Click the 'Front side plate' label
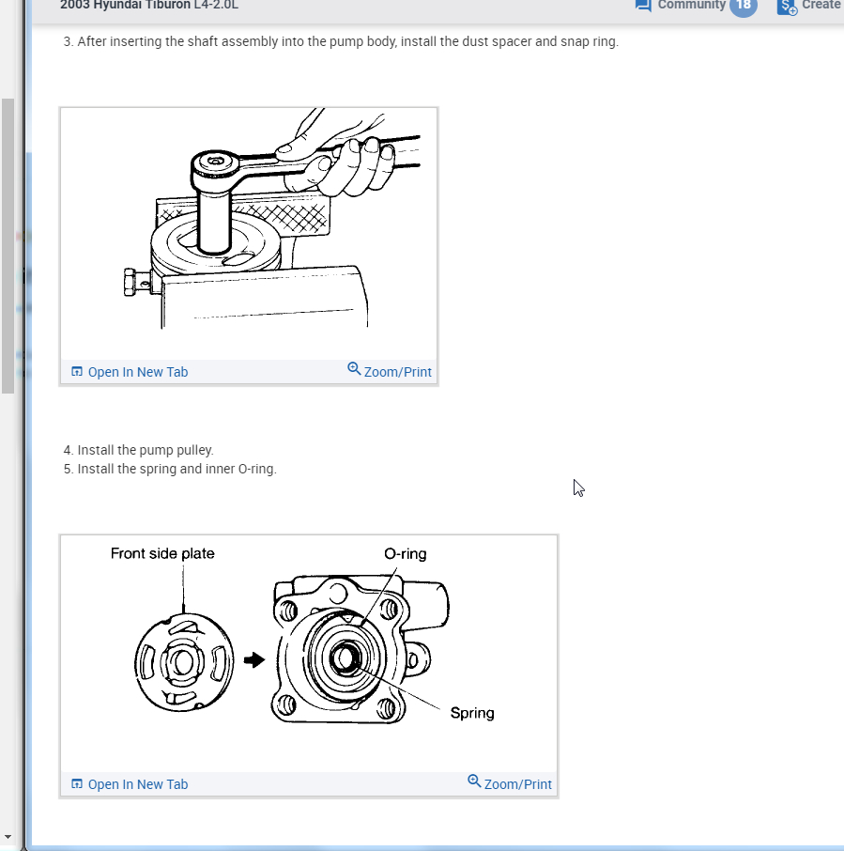point(162,553)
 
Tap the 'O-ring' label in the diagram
point(406,553)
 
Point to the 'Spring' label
point(472,713)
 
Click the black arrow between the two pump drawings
point(254,660)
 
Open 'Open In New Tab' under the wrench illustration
point(138,372)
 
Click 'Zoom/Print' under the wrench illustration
point(398,372)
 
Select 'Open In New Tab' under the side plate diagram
point(138,785)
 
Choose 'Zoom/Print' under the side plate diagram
point(518,785)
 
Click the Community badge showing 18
point(744,6)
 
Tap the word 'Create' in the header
point(821,5)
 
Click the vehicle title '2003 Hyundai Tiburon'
point(125,6)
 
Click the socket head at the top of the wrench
point(215,162)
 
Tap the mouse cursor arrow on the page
point(578,487)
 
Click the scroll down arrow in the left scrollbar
point(8,836)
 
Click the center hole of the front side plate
point(183,661)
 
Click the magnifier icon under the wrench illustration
point(354,369)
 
